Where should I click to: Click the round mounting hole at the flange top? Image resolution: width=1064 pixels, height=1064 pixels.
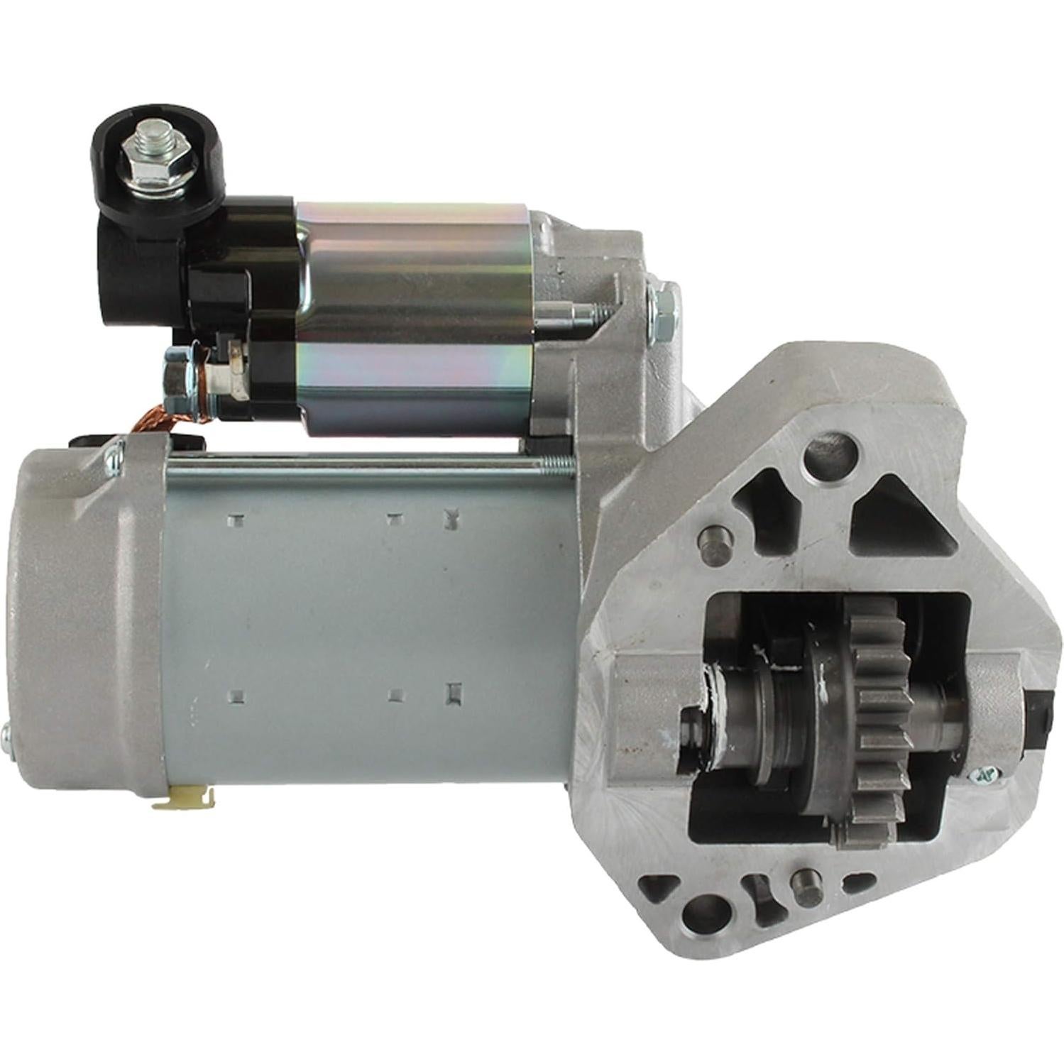click(830, 454)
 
